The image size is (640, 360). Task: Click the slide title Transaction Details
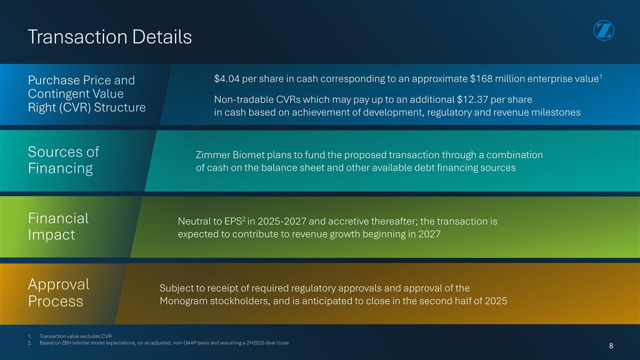(109, 37)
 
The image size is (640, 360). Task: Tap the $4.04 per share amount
(226, 79)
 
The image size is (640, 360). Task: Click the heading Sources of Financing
(63, 160)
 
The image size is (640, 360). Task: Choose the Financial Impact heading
(58, 226)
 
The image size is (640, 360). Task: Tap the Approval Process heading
(58, 292)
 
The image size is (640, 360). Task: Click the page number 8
(611, 346)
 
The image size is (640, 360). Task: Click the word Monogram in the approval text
(183, 301)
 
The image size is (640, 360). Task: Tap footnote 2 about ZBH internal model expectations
(160, 342)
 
